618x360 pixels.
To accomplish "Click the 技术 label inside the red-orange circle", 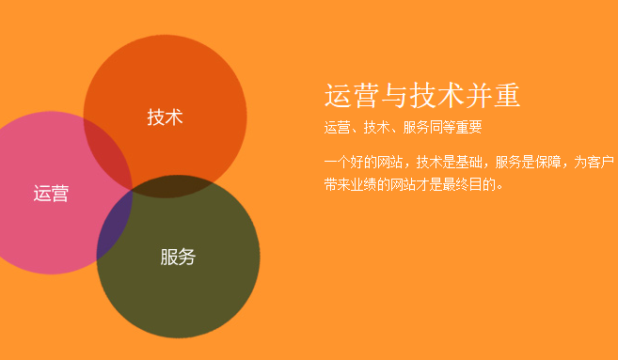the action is point(165,117).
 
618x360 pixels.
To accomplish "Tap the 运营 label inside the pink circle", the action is point(51,193).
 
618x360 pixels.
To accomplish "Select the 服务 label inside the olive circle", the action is point(178,257).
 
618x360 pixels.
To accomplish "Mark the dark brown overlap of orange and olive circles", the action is point(170,187).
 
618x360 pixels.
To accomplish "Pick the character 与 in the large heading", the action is point(394,96).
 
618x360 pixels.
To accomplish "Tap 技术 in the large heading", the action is point(436,96).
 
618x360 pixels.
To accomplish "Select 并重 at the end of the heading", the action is point(493,96).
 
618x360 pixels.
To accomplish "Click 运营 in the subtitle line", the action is point(337,127).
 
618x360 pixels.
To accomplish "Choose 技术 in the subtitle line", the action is point(376,127).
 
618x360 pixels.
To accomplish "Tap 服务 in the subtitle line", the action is point(416,127).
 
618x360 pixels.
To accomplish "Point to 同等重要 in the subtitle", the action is point(455,127).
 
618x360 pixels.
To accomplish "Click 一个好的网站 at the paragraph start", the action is point(363,162).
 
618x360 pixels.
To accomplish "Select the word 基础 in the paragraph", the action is point(468,162).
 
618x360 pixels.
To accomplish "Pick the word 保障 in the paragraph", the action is point(547,162).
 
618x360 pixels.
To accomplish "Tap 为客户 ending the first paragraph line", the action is point(594,162).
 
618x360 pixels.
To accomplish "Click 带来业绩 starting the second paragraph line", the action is point(350,184).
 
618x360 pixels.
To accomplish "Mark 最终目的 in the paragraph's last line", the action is point(468,184).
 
